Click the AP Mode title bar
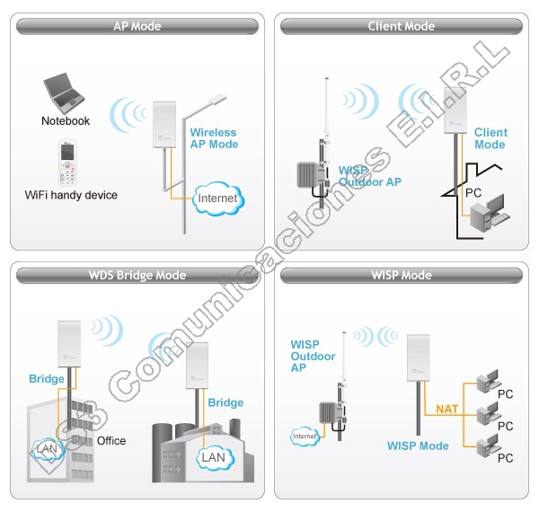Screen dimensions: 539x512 click(x=137, y=26)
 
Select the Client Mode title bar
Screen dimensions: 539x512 click(x=402, y=26)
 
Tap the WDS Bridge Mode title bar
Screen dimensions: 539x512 click(x=137, y=275)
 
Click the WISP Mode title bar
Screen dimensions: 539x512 click(x=402, y=275)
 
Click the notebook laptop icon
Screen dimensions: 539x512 click(x=64, y=93)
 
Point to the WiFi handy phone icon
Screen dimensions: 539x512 click(x=67, y=163)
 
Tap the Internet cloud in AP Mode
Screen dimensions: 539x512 click(x=218, y=199)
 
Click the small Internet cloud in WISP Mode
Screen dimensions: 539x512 click(x=305, y=437)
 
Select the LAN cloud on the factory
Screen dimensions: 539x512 click(x=215, y=458)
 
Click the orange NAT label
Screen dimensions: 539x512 click(x=446, y=409)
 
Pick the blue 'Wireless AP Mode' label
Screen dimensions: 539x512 click(x=214, y=138)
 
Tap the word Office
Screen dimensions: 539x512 click(x=111, y=440)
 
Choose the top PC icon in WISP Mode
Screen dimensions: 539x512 click(x=488, y=381)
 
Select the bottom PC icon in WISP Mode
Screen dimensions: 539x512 click(x=488, y=446)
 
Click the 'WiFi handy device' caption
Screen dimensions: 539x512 click(x=71, y=195)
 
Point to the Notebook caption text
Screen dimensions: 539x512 click(x=66, y=121)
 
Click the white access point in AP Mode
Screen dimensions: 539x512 click(x=164, y=124)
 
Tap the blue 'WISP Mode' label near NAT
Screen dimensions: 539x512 click(x=418, y=446)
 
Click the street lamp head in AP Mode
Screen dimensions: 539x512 click(x=217, y=99)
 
